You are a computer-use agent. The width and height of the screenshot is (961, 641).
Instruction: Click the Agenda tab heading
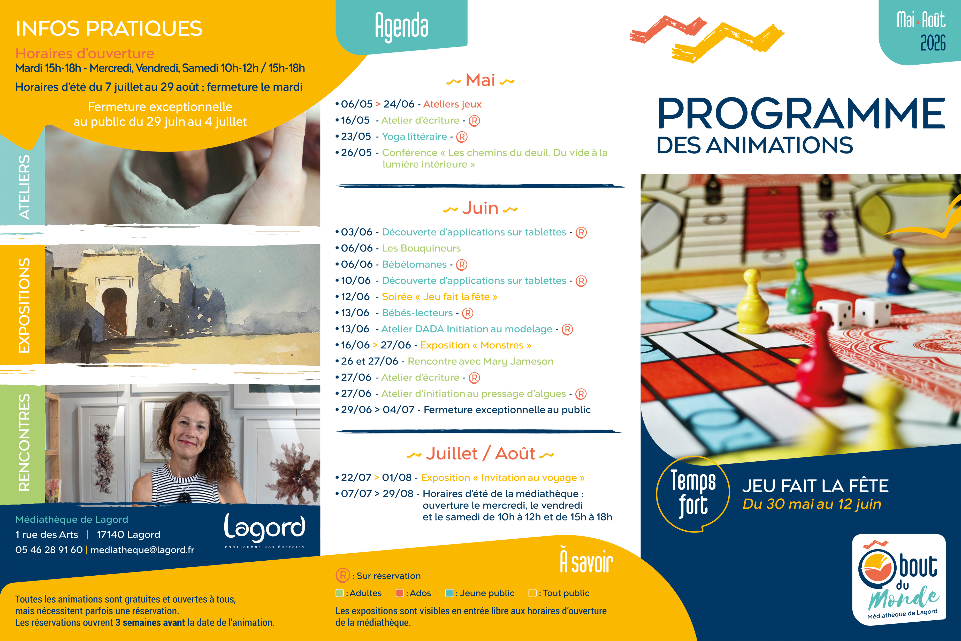click(401, 27)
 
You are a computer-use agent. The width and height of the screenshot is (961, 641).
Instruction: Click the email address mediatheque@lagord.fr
click(142, 550)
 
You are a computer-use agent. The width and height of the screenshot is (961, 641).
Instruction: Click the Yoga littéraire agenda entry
click(414, 136)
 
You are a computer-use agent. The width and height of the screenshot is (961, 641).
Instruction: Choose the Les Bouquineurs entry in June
click(421, 248)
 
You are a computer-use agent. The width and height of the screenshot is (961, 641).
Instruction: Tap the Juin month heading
click(480, 209)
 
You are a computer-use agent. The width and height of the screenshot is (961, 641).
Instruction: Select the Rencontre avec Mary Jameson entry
click(480, 361)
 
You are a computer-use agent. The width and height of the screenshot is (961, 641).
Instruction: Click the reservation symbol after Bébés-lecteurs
click(468, 314)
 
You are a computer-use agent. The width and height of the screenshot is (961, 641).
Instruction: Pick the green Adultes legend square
click(339, 593)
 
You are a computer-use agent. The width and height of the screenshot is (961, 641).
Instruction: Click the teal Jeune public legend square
click(449, 593)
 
